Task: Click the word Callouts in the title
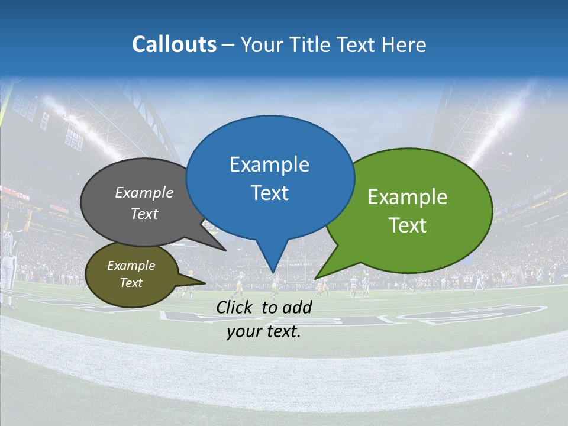tap(174, 44)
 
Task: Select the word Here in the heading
tap(404, 44)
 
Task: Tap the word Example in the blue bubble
tap(269, 164)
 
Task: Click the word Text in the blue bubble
tap(269, 193)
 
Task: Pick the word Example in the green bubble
tap(408, 197)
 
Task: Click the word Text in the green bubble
tap(408, 225)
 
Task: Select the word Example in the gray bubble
tap(144, 193)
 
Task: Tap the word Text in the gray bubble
tap(144, 214)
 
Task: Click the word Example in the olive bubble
tap(131, 266)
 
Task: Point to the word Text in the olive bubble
tap(131, 283)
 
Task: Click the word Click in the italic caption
tap(235, 307)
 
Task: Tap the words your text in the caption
tap(264, 332)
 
